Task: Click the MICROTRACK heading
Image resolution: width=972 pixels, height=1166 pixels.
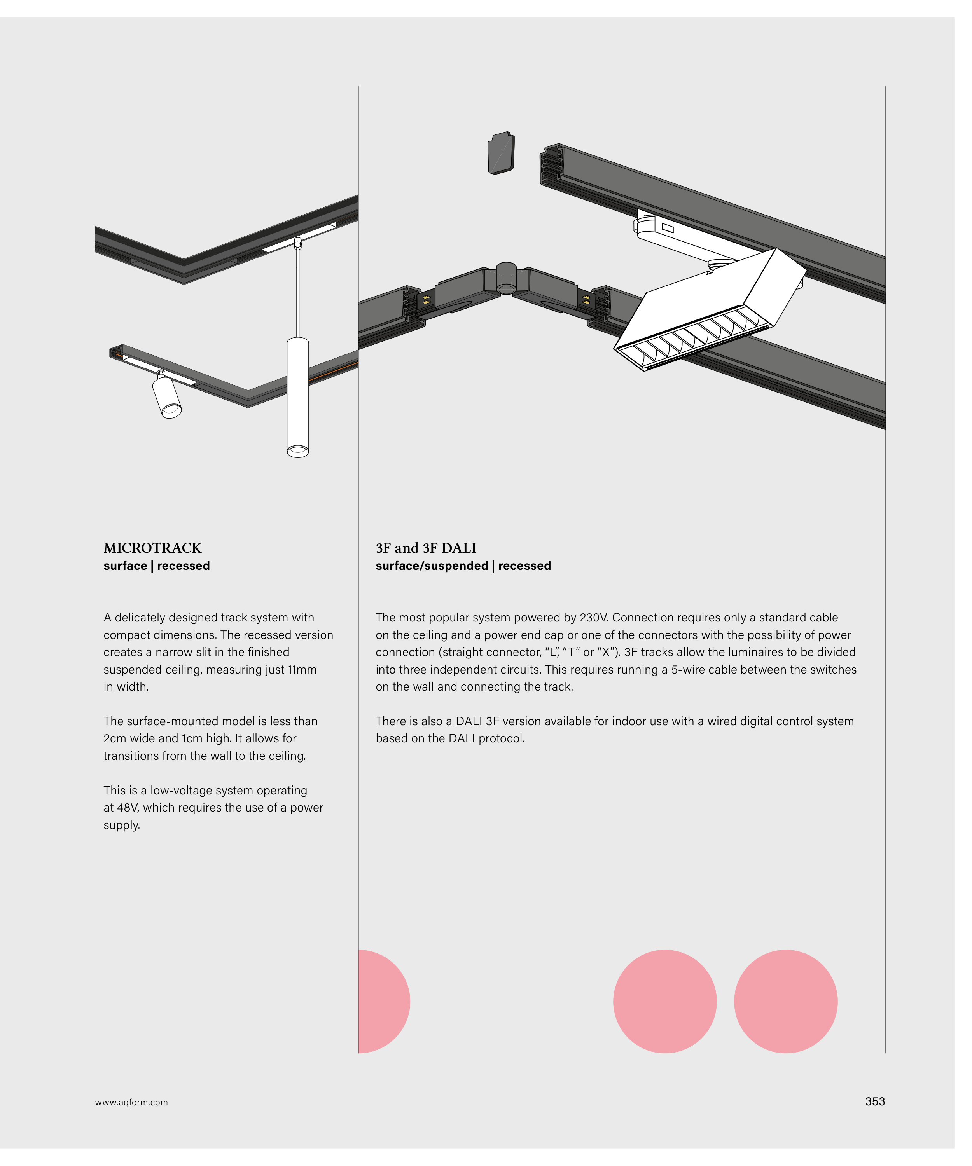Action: tap(153, 548)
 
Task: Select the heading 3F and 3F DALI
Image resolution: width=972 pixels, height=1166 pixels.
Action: tap(426, 548)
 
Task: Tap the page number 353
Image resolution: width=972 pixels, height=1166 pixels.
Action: tap(875, 1101)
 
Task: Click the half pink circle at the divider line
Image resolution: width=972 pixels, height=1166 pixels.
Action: tap(384, 1002)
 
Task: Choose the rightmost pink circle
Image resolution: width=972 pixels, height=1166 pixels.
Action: tap(785, 1002)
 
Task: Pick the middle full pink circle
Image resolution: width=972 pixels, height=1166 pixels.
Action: tap(665, 1002)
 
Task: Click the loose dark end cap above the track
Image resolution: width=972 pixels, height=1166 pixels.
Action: tap(501, 153)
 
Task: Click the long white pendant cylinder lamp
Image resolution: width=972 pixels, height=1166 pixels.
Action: tap(298, 397)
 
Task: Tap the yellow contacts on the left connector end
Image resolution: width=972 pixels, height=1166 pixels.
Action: tap(426, 300)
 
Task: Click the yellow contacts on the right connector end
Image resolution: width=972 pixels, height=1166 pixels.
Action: tap(586, 300)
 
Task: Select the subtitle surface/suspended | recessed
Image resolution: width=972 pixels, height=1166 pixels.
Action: tap(463, 566)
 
